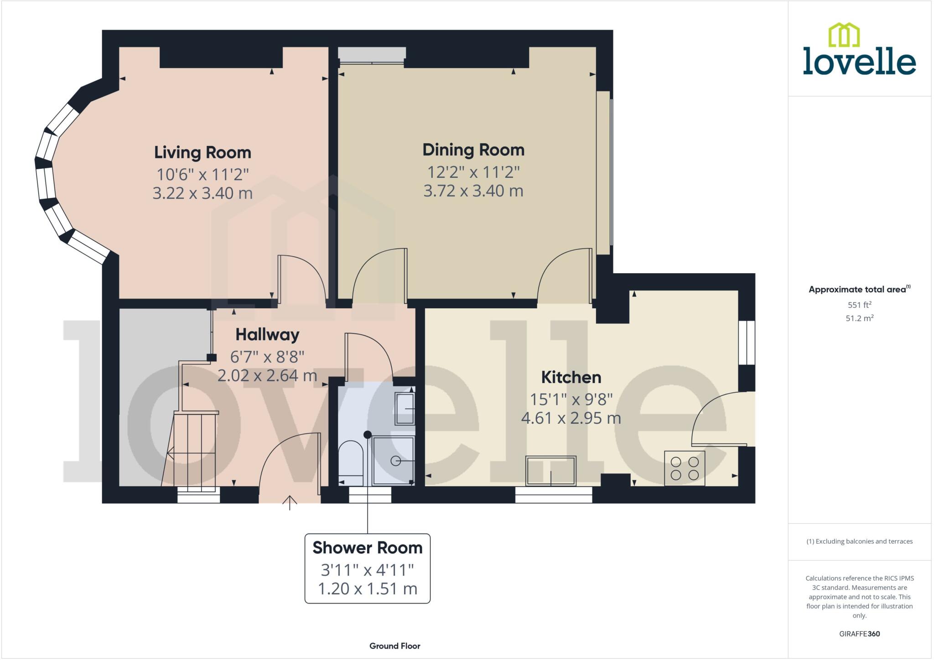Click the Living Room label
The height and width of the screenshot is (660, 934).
(202, 152)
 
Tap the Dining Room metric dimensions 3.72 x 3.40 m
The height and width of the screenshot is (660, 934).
(473, 191)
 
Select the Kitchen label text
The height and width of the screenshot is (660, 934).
(571, 377)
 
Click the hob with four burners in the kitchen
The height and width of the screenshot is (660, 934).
(684, 468)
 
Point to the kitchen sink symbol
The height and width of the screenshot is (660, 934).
(550, 470)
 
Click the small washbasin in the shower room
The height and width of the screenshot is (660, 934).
(405, 409)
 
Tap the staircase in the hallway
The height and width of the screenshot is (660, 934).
(194, 449)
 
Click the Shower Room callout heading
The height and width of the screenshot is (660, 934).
(367, 548)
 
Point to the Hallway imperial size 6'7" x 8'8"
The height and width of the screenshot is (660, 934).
(267, 356)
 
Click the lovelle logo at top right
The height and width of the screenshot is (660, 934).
(859, 50)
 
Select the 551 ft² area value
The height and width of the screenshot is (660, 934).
(859, 305)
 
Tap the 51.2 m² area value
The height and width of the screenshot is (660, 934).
(859, 318)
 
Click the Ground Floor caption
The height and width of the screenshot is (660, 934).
(394, 646)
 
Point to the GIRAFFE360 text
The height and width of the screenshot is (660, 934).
(859, 634)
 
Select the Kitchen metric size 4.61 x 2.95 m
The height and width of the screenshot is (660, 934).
(571, 418)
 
